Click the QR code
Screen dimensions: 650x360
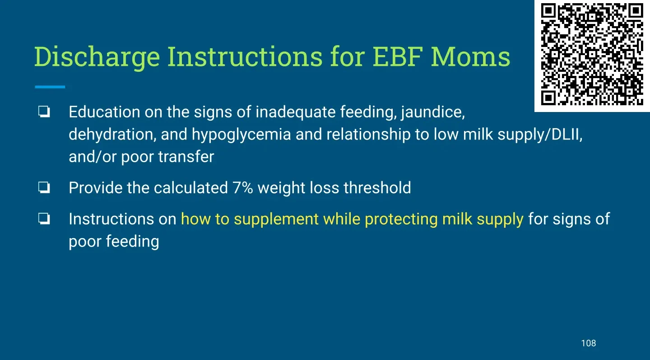point(592,54)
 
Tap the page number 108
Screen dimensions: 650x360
point(589,343)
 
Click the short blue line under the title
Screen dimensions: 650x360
point(50,87)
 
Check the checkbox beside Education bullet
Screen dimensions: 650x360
point(44,112)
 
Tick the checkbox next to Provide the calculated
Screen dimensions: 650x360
point(44,187)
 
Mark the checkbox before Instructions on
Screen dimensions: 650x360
point(44,219)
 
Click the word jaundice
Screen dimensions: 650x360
point(433,113)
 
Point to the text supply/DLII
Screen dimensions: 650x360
point(540,135)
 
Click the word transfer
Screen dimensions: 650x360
point(186,157)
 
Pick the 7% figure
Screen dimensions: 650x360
point(242,188)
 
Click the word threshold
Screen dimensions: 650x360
point(377,187)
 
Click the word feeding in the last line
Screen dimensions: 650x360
point(132,242)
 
